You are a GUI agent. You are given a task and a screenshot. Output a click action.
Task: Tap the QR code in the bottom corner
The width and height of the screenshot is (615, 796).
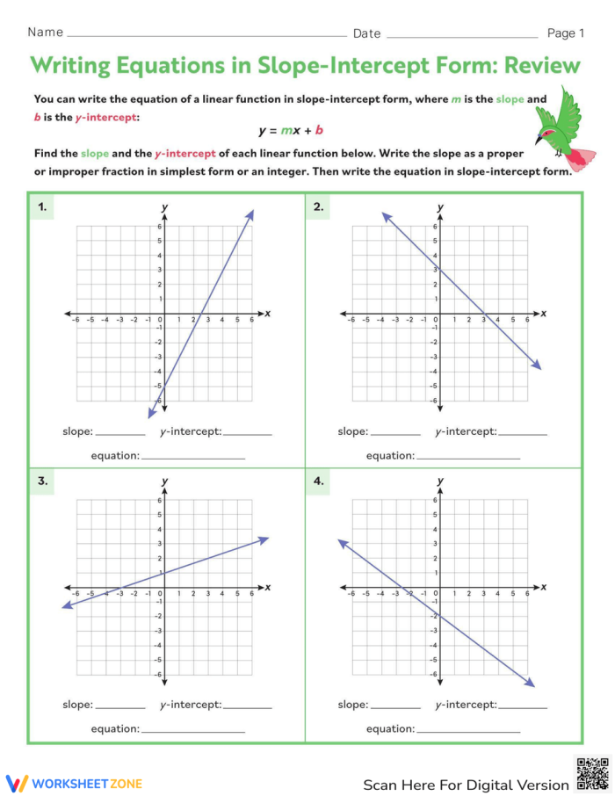tap(592, 773)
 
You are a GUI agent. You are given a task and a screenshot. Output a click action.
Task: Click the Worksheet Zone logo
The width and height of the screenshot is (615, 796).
tap(74, 783)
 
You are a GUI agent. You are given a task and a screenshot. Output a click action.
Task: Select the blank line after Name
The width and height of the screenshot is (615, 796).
tap(206, 35)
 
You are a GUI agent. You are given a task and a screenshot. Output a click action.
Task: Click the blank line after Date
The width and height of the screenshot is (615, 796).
tap(461, 35)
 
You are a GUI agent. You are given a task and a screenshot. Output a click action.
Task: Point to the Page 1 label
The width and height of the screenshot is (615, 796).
tap(566, 33)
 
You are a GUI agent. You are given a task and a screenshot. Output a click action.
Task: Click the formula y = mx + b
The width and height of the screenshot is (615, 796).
tap(291, 131)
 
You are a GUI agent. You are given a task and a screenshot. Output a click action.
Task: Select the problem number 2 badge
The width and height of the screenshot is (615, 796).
tap(317, 207)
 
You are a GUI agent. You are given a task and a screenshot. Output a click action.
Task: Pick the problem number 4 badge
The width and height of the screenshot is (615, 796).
tap(317, 481)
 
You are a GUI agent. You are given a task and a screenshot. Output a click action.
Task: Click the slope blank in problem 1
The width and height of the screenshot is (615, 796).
tap(120, 432)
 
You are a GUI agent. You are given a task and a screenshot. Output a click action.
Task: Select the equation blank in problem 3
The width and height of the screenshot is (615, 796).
tap(192, 729)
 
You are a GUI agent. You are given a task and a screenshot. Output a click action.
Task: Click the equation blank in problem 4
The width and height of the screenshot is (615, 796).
tap(468, 729)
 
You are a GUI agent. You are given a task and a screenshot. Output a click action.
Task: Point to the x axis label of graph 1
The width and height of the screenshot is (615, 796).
tap(267, 314)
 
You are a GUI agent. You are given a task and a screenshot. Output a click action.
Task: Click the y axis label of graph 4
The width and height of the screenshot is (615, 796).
tap(440, 481)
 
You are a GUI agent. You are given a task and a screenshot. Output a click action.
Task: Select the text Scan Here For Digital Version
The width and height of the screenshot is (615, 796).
tap(466, 784)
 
